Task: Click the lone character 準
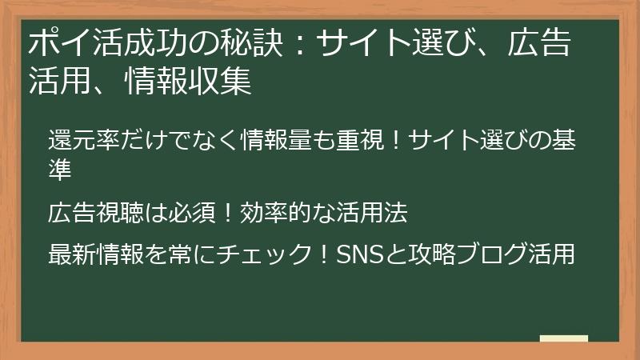[x=61, y=167]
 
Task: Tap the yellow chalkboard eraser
[x=563, y=339]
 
